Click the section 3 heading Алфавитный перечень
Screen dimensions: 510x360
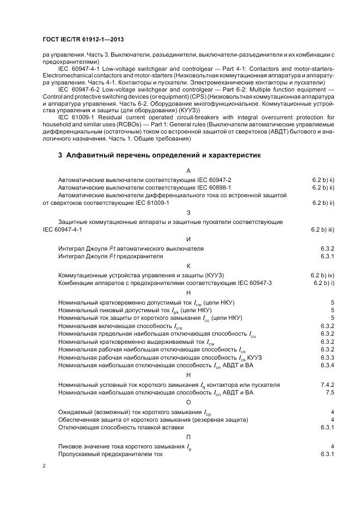(x=160, y=155)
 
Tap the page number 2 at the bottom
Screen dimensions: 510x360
(x=44, y=466)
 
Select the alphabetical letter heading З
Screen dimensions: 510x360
(x=188, y=212)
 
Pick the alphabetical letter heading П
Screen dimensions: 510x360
(x=188, y=437)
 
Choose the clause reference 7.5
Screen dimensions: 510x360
(x=330, y=392)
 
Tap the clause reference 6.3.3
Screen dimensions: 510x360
(x=327, y=357)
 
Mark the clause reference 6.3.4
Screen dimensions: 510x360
(x=327, y=365)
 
